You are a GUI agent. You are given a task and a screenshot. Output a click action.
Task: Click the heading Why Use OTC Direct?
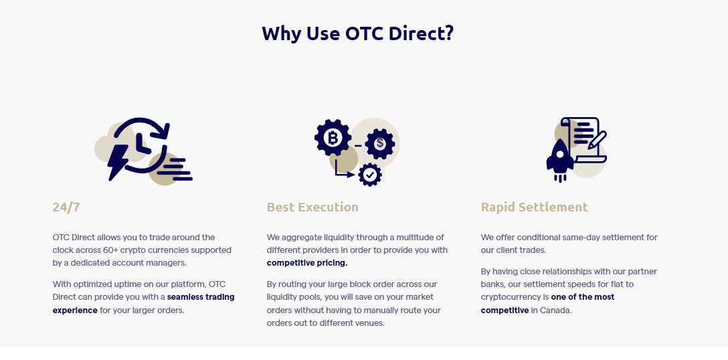click(x=357, y=34)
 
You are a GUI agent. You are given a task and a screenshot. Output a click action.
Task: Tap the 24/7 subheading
click(x=66, y=207)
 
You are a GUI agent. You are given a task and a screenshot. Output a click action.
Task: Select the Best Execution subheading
click(x=312, y=207)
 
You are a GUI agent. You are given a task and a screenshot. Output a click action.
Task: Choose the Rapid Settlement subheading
click(x=535, y=207)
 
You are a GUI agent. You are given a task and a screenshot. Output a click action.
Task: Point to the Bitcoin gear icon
click(x=333, y=137)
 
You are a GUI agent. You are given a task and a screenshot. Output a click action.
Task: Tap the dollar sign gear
click(x=380, y=144)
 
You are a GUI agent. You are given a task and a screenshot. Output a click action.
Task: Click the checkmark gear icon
click(x=370, y=175)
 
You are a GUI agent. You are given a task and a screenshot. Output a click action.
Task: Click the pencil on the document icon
click(x=597, y=140)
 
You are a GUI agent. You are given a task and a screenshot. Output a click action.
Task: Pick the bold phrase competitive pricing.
click(x=307, y=263)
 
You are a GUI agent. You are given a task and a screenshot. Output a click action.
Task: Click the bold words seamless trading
click(x=201, y=297)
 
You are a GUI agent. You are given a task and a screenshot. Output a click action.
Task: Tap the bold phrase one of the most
click(x=583, y=297)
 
